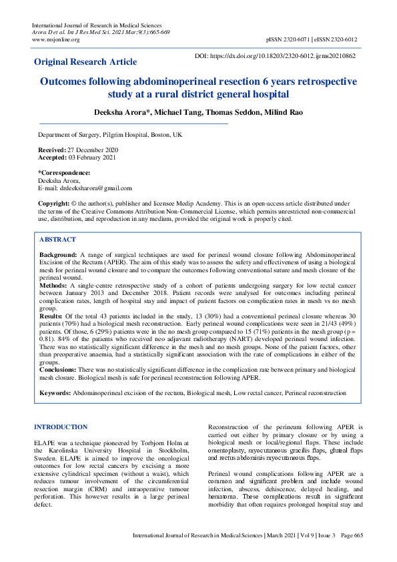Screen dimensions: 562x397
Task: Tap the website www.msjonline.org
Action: [55, 39]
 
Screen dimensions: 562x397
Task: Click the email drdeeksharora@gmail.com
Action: [95, 188]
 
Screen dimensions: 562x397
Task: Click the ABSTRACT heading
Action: [57, 239]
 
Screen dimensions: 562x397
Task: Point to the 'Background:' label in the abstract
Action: [58, 255]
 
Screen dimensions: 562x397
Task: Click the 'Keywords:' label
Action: [55, 394]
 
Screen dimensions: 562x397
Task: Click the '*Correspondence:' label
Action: [64, 173]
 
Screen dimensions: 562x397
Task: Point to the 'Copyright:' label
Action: [53, 202]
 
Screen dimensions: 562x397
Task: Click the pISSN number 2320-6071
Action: [300, 39]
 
